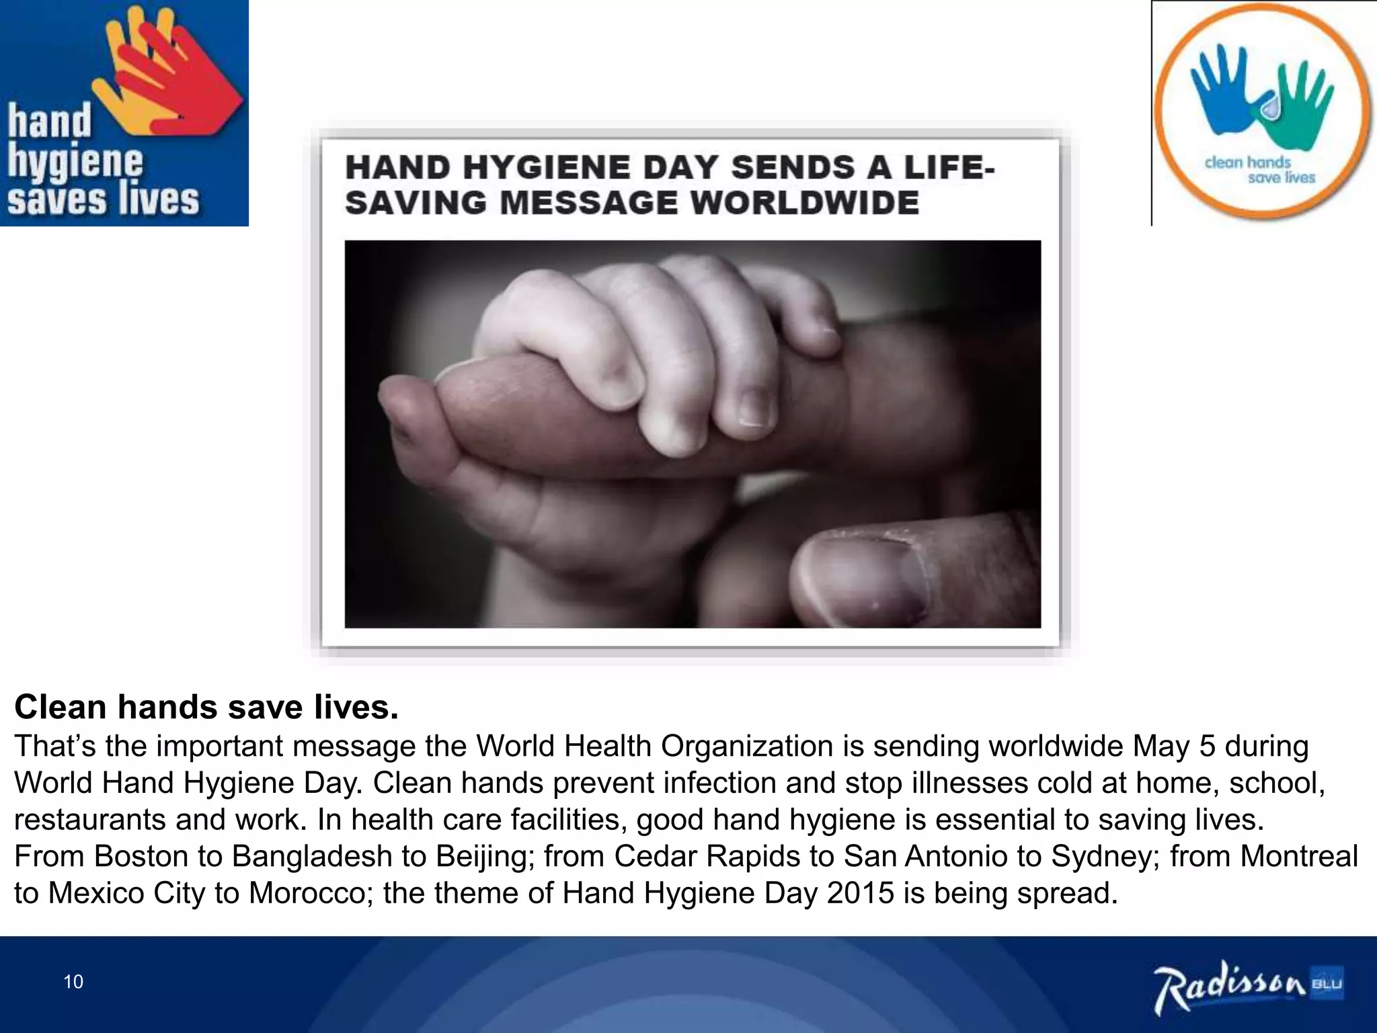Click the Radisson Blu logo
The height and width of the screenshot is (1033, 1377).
pyautogui.click(x=1248, y=987)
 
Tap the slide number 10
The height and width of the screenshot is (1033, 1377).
pyautogui.click(x=73, y=982)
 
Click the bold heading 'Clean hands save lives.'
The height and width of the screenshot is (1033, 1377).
pyautogui.click(x=206, y=707)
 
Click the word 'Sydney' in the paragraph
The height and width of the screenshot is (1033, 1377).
pyautogui.click(x=1105, y=856)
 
